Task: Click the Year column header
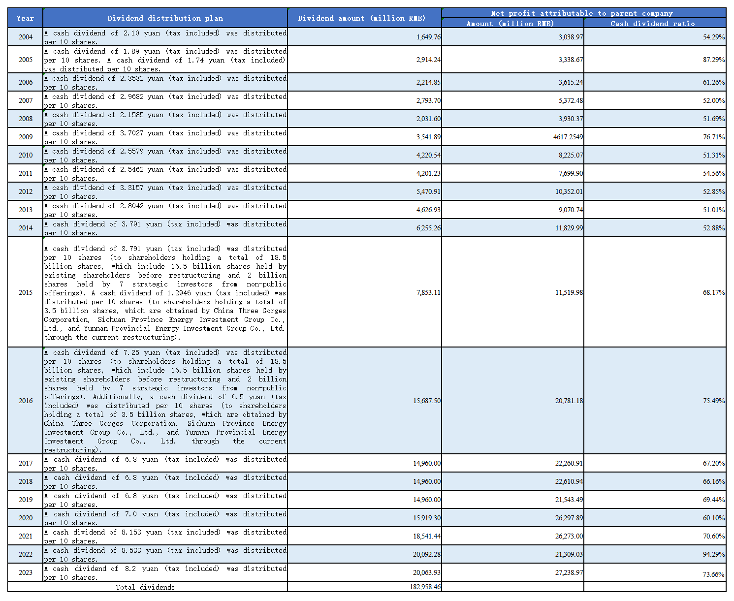click(x=25, y=18)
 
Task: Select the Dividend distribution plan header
click(x=165, y=18)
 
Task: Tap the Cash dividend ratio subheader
click(x=653, y=24)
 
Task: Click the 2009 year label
click(x=25, y=137)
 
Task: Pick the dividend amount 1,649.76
click(x=428, y=37)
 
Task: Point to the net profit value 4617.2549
click(x=568, y=137)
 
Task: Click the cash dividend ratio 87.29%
click(x=713, y=60)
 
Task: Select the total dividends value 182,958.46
click(x=425, y=587)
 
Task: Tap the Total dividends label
click(x=145, y=587)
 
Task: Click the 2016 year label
click(x=25, y=401)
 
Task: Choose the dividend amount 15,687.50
click(x=427, y=401)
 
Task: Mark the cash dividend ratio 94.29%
click(x=713, y=554)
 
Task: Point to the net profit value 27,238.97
click(x=569, y=572)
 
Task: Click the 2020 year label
click(x=25, y=518)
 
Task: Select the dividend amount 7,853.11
click(x=428, y=292)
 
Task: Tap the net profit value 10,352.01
click(x=569, y=191)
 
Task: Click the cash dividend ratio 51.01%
click(x=713, y=210)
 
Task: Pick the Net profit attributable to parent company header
click(x=583, y=13)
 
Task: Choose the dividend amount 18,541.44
click(x=427, y=536)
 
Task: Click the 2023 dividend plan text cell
click(x=165, y=572)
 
